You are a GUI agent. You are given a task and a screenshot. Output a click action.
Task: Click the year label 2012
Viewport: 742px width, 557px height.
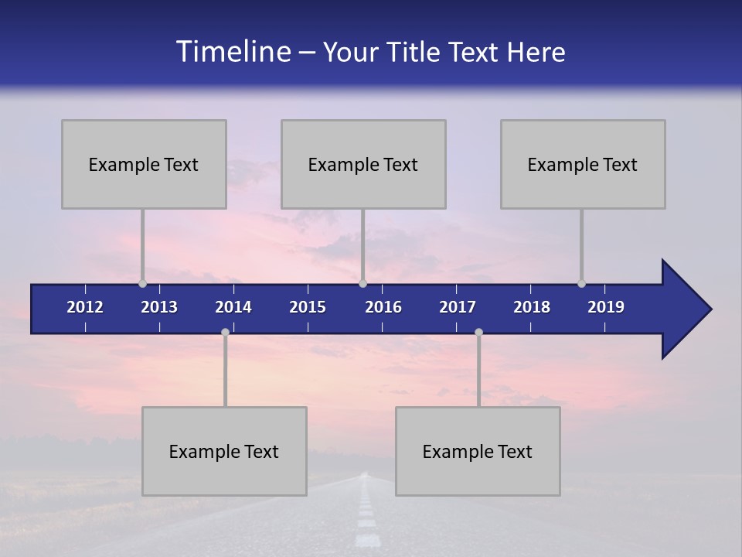(85, 307)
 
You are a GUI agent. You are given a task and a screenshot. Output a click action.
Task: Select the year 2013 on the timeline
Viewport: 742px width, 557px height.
(159, 307)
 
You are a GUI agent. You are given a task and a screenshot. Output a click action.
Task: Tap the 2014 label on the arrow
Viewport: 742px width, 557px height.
(233, 307)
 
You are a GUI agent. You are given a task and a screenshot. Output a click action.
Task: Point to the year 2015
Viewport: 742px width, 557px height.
(308, 307)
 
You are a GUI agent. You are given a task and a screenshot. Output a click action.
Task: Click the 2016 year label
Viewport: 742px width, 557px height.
(383, 307)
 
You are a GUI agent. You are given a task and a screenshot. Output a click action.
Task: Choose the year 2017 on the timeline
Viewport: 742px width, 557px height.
(458, 307)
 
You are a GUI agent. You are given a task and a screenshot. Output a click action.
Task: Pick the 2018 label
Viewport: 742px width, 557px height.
(532, 307)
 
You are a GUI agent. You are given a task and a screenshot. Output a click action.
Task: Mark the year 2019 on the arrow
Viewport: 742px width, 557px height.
(606, 307)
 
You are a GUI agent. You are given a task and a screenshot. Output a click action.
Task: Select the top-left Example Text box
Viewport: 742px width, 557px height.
(144, 164)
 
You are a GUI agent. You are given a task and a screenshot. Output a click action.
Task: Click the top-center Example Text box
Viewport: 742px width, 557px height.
(363, 164)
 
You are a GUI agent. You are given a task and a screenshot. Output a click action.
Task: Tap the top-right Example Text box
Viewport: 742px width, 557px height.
(583, 164)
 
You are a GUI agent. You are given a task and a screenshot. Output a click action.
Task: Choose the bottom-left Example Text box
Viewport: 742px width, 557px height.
(224, 451)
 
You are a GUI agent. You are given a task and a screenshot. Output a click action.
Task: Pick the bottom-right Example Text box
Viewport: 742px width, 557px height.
(478, 451)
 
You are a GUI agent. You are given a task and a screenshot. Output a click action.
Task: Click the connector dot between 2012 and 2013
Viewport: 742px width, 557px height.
(142, 283)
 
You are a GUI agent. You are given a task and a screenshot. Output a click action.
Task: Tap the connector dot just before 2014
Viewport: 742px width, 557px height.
(225, 333)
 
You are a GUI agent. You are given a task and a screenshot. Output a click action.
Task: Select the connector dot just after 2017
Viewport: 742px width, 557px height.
(478, 333)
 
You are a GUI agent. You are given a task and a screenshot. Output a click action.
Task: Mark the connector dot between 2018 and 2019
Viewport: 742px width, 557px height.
(581, 283)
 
